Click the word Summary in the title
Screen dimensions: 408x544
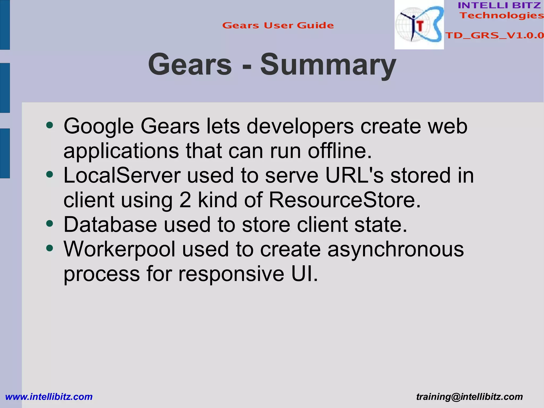(x=328, y=65)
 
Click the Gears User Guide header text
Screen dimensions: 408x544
(x=278, y=26)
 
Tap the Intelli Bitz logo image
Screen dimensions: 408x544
(x=419, y=25)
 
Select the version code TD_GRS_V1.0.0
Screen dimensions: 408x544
(x=494, y=35)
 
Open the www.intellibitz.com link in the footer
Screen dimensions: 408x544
(x=49, y=397)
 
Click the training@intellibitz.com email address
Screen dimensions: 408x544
(x=469, y=397)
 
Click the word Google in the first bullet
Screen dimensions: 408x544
(x=99, y=126)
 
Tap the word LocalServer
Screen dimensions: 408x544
(x=122, y=175)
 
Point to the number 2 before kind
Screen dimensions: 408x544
(x=185, y=200)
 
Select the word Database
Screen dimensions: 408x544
(x=110, y=225)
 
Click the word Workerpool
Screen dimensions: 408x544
(x=120, y=249)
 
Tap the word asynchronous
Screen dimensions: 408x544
(x=396, y=249)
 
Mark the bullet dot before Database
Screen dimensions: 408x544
(x=50, y=224)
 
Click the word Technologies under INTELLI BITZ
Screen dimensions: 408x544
(x=501, y=15)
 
